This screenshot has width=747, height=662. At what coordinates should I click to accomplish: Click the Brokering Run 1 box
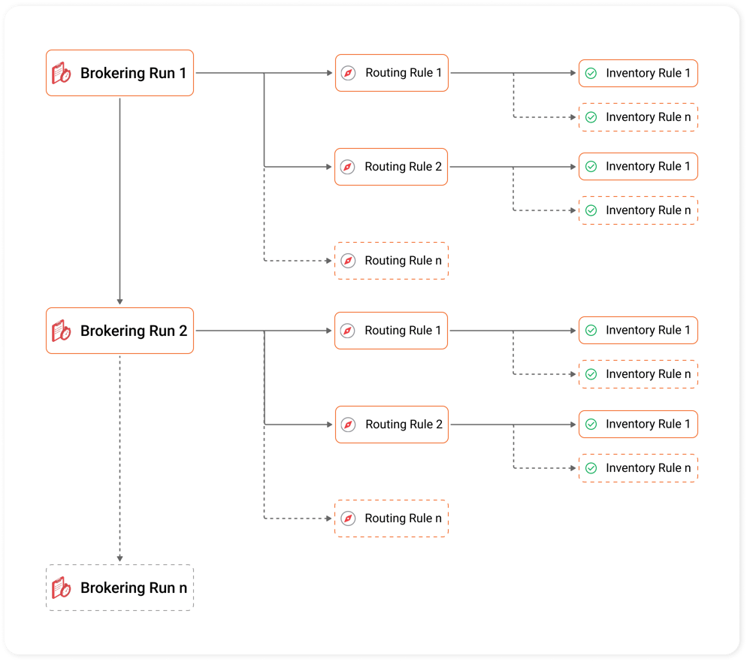click(119, 73)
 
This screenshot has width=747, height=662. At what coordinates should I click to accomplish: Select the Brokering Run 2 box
click(119, 331)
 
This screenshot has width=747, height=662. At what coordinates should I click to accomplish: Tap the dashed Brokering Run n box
click(119, 588)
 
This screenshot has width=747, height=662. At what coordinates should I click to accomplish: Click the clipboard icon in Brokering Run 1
click(62, 74)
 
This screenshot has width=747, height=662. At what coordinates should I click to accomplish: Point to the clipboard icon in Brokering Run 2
click(62, 331)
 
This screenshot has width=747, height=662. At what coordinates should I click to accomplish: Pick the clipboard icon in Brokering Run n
click(62, 588)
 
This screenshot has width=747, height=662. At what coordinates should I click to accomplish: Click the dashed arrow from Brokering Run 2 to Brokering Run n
click(119, 458)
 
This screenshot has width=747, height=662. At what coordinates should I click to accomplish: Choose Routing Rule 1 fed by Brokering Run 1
click(392, 73)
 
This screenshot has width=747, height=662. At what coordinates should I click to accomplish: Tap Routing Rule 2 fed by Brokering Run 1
click(392, 167)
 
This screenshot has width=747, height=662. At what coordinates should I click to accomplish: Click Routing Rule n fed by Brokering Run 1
click(392, 261)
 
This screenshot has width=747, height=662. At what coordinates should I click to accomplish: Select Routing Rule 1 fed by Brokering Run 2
click(392, 331)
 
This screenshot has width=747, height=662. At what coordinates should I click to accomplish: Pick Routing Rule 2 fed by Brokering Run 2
click(392, 425)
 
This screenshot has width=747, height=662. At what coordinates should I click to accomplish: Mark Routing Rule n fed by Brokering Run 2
click(392, 518)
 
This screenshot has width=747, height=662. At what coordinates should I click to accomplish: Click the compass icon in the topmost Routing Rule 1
click(348, 73)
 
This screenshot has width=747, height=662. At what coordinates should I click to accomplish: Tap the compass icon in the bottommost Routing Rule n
click(348, 518)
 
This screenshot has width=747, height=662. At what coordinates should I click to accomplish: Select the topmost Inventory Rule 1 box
click(638, 73)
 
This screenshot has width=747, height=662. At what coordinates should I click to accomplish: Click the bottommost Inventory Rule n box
click(638, 468)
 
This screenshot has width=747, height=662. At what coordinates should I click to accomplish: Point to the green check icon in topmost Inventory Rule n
click(591, 117)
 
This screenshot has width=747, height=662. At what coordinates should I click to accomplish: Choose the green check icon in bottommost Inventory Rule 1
click(591, 425)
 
